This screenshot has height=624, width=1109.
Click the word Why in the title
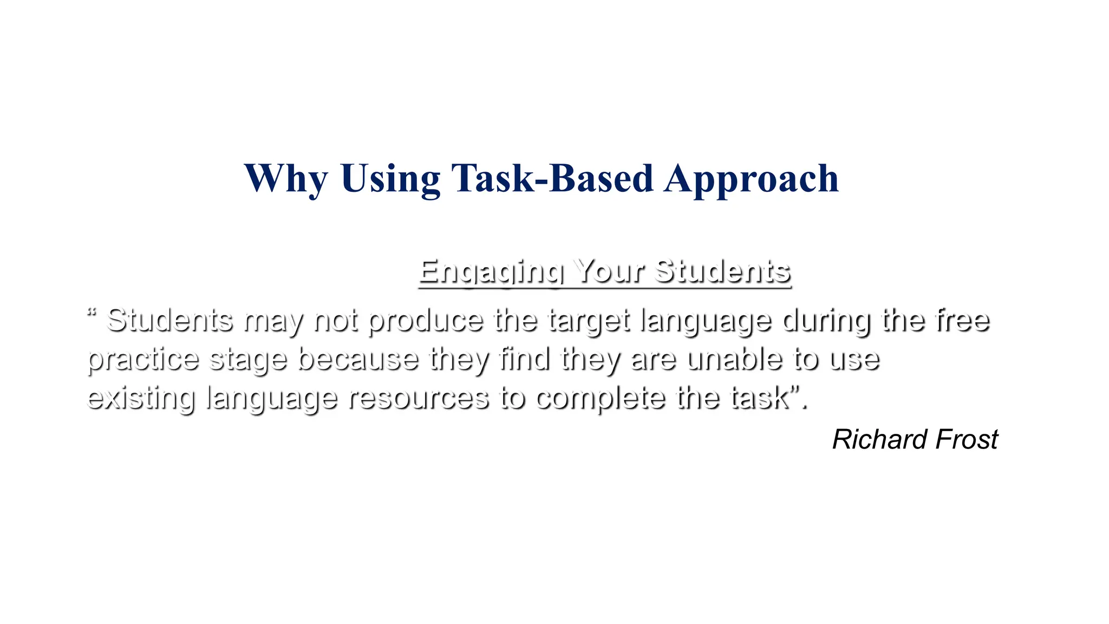[x=286, y=179]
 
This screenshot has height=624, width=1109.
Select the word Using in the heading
[x=390, y=179]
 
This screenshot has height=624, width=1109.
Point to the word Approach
[x=752, y=179]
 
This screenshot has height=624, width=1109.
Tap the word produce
[x=426, y=321]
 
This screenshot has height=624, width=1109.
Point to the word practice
[x=143, y=360]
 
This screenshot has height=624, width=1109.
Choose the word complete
[x=601, y=399]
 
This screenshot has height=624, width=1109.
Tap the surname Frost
[x=967, y=439]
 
